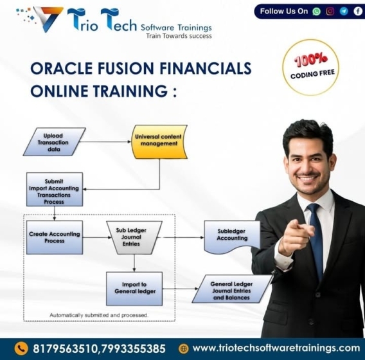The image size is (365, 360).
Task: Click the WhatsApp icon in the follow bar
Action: [316, 11]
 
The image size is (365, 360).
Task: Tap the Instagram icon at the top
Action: [330, 11]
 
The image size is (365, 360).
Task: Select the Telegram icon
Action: [344, 11]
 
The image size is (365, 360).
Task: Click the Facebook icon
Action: [358, 11]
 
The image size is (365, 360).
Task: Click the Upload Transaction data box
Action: [55, 142]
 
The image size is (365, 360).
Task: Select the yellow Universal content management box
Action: [159, 142]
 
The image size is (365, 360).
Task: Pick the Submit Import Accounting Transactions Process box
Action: [55, 189]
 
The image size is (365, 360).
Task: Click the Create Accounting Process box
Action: [55, 237]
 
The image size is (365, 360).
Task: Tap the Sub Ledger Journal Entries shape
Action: [134, 237]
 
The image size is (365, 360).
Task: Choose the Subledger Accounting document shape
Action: [232, 237]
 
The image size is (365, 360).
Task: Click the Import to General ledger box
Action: [134, 289]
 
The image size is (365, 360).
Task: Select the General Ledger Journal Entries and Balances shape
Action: [232, 289]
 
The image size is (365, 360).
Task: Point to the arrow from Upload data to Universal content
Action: [105, 141]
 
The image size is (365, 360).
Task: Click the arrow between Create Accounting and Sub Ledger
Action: [97, 237]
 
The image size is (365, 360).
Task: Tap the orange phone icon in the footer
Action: [21, 348]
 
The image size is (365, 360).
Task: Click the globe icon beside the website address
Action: [183, 348]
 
